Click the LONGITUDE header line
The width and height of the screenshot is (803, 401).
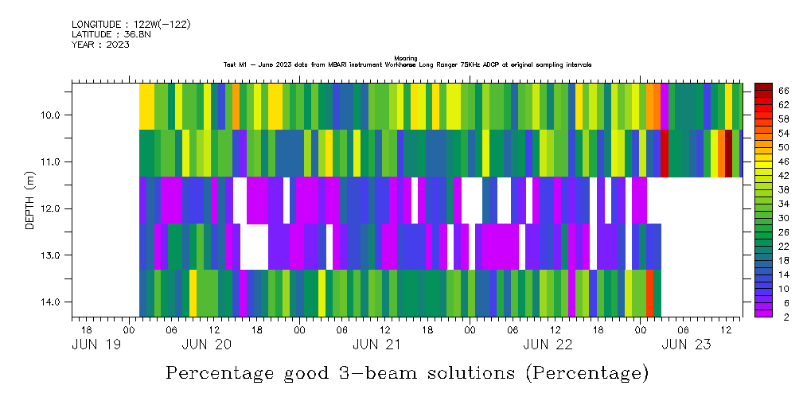[x=131, y=25]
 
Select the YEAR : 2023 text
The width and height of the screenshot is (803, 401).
[x=100, y=45]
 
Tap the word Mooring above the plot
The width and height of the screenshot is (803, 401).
[x=406, y=58]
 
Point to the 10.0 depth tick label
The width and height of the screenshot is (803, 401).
[x=54, y=115]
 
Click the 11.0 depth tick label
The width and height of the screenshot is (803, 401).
[x=54, y=162]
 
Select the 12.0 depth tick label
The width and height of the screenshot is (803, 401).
[x=54, y=209]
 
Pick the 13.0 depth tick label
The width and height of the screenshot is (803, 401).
[x=54, y=255]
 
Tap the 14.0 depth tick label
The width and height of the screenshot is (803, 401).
[x=54, y=302]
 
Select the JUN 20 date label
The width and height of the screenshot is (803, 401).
[x=207, y=345]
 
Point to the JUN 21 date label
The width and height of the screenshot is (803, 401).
[x=377, y=345]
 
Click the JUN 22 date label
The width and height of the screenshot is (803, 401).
[x=548, y=345]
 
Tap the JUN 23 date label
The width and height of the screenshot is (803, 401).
[x=686, y=345]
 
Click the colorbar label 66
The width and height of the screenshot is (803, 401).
[x=783, y=91]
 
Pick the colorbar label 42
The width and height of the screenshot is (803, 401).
[x=783, y=176]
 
